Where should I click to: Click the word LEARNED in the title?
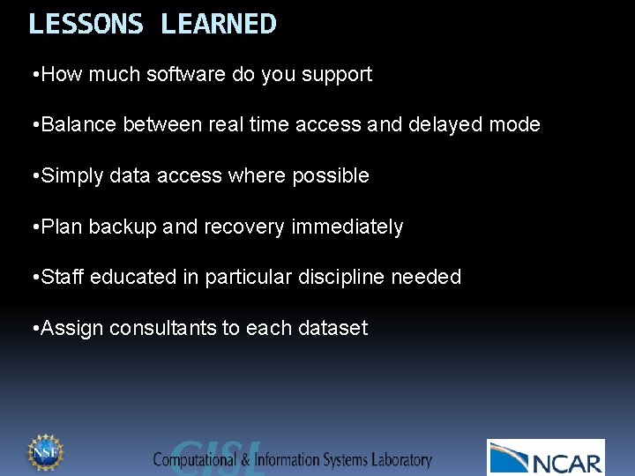[x=219, y=24]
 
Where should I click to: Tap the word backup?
[x=121, y=227]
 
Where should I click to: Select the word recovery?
[x=245, y=227]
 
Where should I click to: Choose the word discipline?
[x=341, y=278]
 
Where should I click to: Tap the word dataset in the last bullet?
[x=332, y=329]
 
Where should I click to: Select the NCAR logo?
[x=546, y=457]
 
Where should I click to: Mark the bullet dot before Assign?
[x=33, y=329]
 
